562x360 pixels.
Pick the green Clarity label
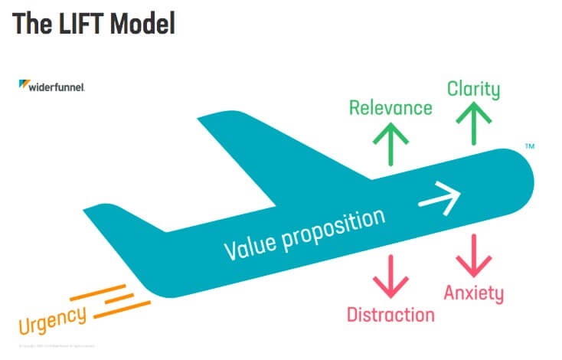473,89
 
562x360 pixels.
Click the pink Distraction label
390,314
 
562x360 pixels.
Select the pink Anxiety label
473,293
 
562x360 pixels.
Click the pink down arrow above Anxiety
473,256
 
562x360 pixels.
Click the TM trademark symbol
530,146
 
